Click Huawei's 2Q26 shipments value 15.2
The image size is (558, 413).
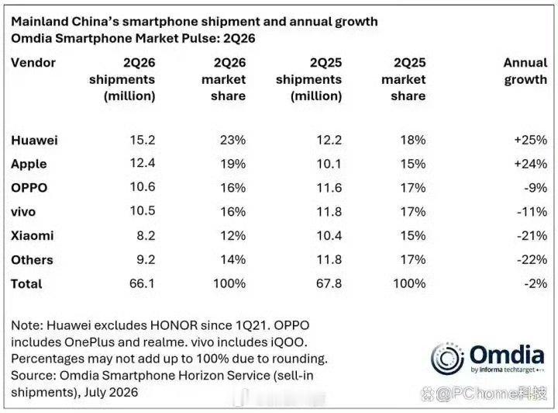143,140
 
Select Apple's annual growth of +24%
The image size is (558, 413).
531,164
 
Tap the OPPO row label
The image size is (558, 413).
29,188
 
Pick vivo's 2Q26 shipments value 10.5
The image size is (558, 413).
143,211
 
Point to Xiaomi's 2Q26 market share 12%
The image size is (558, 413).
232,235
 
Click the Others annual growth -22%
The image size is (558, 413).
532,259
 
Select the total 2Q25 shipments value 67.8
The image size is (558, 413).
329,283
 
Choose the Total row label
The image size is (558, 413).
26,284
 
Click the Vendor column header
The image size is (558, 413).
33,63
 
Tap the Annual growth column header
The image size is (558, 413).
525,71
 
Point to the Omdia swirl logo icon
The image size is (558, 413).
447,359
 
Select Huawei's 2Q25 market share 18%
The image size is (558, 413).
413,140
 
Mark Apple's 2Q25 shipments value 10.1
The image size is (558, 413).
329,164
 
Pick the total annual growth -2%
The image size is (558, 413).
536,283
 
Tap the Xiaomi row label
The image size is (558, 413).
33,235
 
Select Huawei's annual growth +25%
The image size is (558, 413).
531,140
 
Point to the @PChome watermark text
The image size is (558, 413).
484,394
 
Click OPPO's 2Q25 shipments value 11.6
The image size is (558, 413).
329,188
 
